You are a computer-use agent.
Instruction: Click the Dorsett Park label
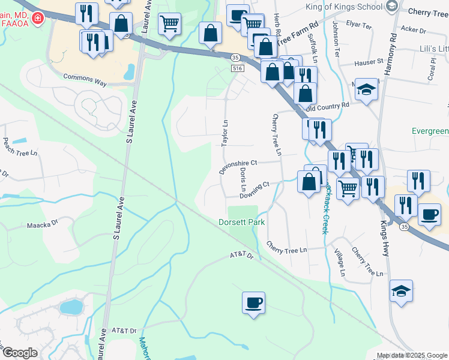pyautogui.click(x=241, y=223)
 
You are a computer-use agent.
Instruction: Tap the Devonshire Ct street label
pyautogui.click(x=238, y=166)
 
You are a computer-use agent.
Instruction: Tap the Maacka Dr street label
pyautogui.click(x=41, y=226)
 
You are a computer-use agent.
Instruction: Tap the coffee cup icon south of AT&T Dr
pyautogui.click(x=253, y=302)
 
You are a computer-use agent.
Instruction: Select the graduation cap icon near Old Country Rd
pyautogui.click(x=366, y=90)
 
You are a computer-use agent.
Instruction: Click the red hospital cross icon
pyautogui.click(x=38, y=19)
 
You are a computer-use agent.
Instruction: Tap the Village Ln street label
pyautogui.click(x=343, y=263)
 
